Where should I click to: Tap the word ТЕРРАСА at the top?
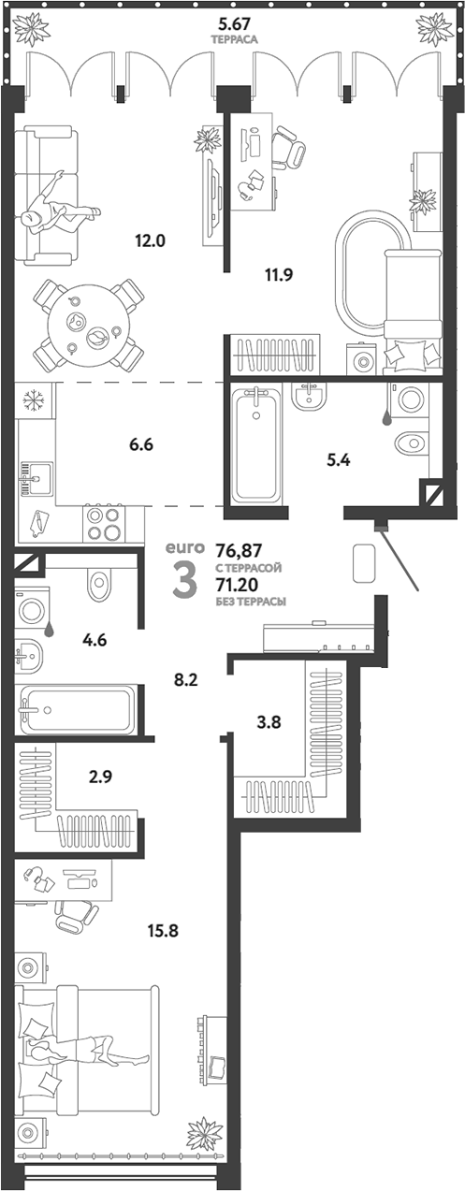point(234,39)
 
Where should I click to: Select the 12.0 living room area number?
point(150,240)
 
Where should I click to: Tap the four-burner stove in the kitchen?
point(104,524)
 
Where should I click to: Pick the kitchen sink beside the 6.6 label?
point(36,478)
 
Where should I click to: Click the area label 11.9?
point(279,275)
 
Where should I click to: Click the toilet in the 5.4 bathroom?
point(413,442)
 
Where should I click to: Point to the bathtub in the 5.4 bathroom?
point(256,443)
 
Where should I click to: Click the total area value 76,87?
point(236,550)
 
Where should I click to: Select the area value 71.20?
point(237,585)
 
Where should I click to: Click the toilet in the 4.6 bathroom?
point(99,585)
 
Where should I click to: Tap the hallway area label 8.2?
point(185,679)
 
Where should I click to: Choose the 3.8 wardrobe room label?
point(269,722)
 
